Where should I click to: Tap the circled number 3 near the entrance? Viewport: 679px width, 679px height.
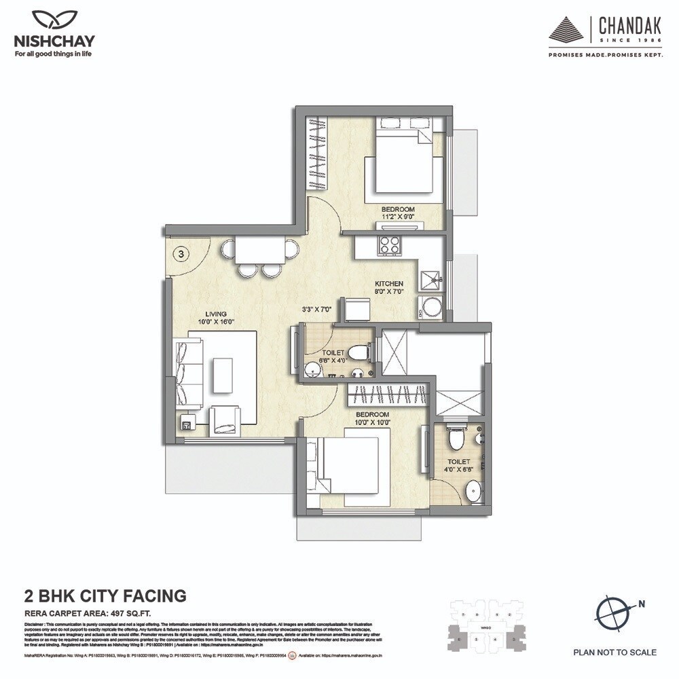coord(181,254)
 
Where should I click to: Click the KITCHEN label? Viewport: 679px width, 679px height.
coord(390,283)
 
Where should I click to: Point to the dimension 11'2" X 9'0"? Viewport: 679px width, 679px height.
coord(397,219)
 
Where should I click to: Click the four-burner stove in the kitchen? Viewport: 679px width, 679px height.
coord(389,244)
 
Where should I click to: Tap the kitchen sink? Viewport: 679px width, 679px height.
coord(430,279)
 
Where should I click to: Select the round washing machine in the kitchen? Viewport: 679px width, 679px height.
coord(430,308)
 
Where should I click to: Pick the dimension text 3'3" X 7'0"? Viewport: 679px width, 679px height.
coord(316,309)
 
